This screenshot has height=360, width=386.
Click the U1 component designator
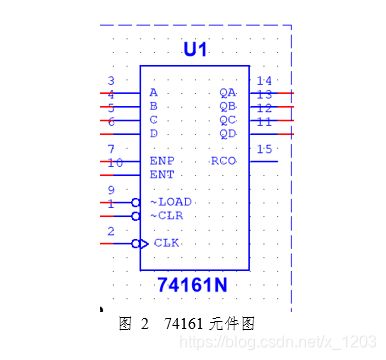pyautogui.click(x=194, y=49)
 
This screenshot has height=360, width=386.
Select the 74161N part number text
pyautogui.click(x=194, y=286)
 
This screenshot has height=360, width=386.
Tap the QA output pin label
pyautogui.click(x=228, y=92)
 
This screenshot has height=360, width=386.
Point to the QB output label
pyautogui.click(x=228, y=105)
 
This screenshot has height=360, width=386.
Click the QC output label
pyautogui.click(x=228, y=119)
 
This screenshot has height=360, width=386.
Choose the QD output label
pyautogui.click(x=228, y=133)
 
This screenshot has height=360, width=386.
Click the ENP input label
pyautogui.click(x=161, y=161)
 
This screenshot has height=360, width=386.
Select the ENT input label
pyautogui.click(x=161, y=174)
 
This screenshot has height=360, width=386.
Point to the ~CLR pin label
pyautogui.click(x=166, y=215)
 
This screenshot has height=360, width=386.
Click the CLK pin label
pyautogui.click(x=166, y=243)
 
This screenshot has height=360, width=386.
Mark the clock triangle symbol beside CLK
pyautogui.click(x=144, y=243)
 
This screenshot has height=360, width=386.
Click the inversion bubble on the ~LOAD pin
pyautogui.click(x=136, y=202)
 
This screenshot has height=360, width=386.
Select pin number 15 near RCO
pyautogui.click(x=264, y=149)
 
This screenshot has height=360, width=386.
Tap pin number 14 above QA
pyautogui.click(x=264, y=81)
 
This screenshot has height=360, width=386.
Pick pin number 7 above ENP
pyautogui.click(x=111, y=149)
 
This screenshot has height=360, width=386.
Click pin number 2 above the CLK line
pyautogui.click(x=111, y=231)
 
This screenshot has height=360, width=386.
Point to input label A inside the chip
pyautogui.click(x=153, y=92)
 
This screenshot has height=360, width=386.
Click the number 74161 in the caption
pyautogui.click(x=183, y=324)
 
